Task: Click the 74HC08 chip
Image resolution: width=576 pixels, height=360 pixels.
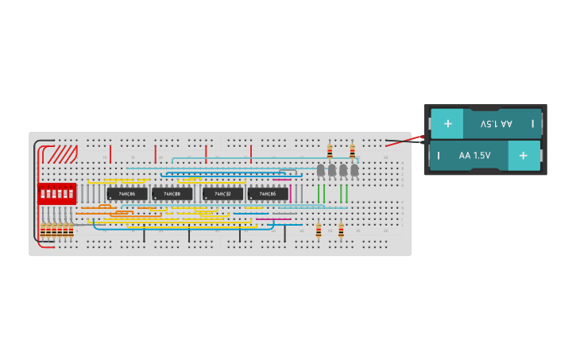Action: [172, 194]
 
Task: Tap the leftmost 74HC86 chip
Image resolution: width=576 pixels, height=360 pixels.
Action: [127, 194]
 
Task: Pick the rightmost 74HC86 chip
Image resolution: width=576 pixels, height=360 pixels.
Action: [268, 194]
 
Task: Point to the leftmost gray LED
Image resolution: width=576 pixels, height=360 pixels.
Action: [321, 170]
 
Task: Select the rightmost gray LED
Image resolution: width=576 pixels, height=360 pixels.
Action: [354, 170]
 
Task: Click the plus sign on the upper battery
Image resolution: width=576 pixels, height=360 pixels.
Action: [448, 124]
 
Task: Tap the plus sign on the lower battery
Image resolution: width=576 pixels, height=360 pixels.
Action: [523, 156]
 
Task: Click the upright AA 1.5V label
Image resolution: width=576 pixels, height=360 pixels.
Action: [475, 156]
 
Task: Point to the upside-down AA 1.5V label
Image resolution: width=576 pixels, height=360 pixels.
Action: [497, 124]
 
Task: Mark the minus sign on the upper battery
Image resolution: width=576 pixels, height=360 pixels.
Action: [532, 124]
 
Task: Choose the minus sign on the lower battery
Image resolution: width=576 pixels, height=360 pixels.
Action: [439, 156]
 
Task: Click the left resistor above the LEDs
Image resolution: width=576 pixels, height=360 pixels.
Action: [330, 151]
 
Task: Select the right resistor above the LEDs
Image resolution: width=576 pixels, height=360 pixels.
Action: [352, 151]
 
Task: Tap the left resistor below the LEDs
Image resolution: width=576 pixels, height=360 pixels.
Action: [319, 230]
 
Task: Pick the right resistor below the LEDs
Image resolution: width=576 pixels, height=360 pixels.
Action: [341, 230]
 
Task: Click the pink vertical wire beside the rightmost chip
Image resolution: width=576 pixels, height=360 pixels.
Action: [291, 193]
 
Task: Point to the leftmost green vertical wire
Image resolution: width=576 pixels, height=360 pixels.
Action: [319, 194]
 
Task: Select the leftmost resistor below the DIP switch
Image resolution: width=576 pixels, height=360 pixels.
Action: [43, 231]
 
